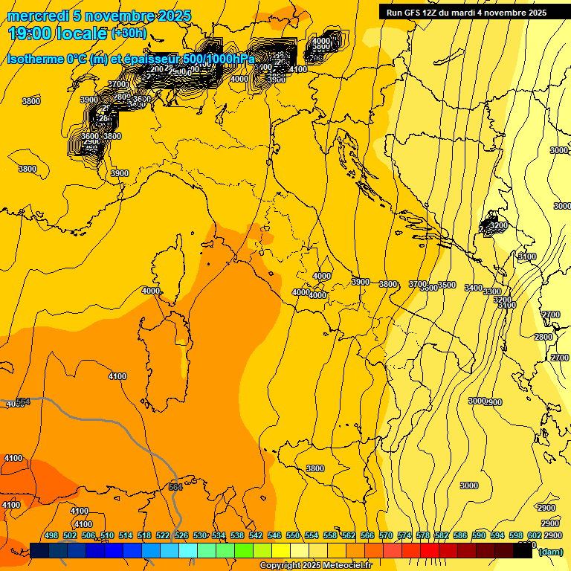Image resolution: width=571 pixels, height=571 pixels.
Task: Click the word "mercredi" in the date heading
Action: click(38, 16)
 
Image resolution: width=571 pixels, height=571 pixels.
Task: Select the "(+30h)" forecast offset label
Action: click(129, 33)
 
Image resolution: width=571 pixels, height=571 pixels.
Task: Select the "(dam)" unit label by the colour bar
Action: click(550, 551)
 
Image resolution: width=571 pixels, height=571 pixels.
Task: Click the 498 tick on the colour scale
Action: click(51, 535)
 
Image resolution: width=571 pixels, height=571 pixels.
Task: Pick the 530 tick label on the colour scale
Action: click(200, 535)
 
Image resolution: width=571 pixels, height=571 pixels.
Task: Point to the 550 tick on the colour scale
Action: click(293, 535)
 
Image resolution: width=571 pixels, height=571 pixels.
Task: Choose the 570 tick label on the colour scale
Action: click(386, 535)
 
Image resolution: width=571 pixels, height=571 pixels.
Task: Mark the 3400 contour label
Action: click(474, 288)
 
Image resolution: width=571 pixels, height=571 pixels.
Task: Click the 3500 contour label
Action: click(447, 285)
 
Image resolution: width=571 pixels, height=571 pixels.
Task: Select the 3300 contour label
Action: click(492, 292)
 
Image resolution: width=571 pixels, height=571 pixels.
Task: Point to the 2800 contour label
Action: click(543, 337)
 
